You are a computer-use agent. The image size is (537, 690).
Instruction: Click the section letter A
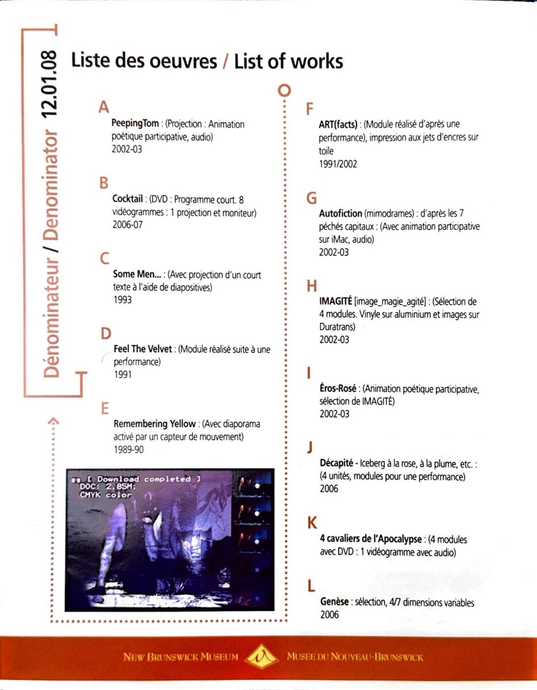click(103, 108)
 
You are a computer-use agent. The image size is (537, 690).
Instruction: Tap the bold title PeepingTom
click(135, 124)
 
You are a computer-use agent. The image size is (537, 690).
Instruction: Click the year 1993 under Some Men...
click(122, 300)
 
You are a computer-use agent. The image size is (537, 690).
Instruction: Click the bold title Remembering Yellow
click(155, 424)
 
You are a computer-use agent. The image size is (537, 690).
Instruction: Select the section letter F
click(310, 109)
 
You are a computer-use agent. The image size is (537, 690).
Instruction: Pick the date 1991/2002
click(338, 164)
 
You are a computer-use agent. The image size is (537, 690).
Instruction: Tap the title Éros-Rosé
click(338, 389)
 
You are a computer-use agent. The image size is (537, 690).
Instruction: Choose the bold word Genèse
click(334, 602)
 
